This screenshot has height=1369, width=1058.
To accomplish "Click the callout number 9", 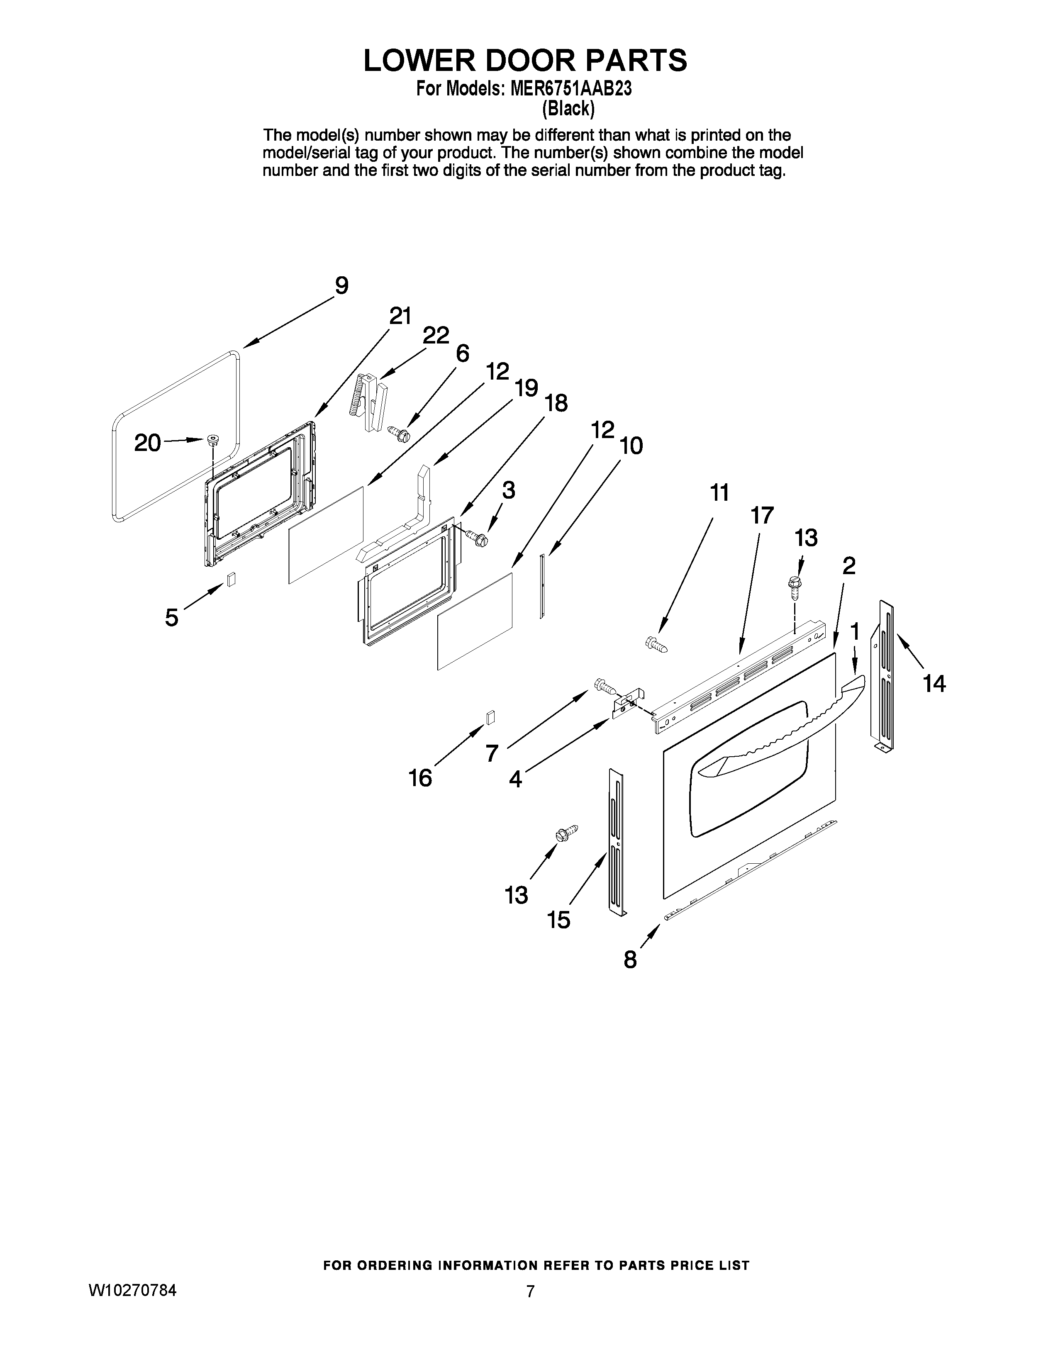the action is click(x=341, y=286).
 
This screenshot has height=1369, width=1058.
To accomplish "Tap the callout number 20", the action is click(x=148, y=443).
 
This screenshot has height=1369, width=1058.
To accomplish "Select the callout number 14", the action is click(x=934, y=683).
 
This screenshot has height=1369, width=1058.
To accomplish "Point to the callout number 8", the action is click(x=630, y=960).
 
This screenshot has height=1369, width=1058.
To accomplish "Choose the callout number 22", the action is click(x=436, y=336).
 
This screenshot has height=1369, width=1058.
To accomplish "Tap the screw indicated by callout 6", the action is click(x=399, y=433).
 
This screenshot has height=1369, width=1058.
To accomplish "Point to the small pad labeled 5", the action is click(x=231, y=579).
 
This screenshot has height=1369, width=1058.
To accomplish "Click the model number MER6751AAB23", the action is click(x=570, y=89).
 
